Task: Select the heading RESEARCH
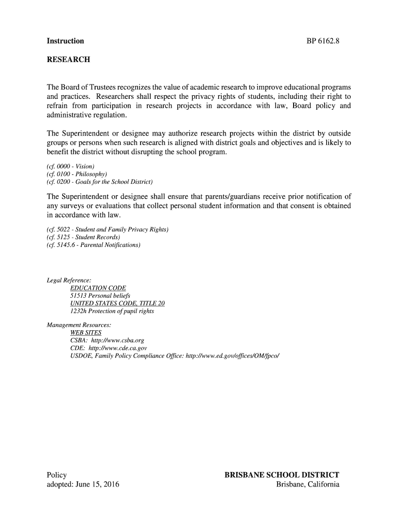pyautogui.click(x=68, y=60)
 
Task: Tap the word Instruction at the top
pyautogui.click(x=65, y=41)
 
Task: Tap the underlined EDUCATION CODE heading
pyautogui.click(x=98, y=288)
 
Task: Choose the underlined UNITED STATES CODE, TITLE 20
pyautogui.click(x=117, y=303)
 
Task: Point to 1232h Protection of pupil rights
pyautogui.click(x=112, y=311)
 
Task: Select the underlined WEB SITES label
pyautogui.click(x=86, y=332)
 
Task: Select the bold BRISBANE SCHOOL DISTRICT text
pyautogui.click(x=282, y=475)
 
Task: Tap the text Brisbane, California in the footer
pyautogui.click(x=308, y=484)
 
